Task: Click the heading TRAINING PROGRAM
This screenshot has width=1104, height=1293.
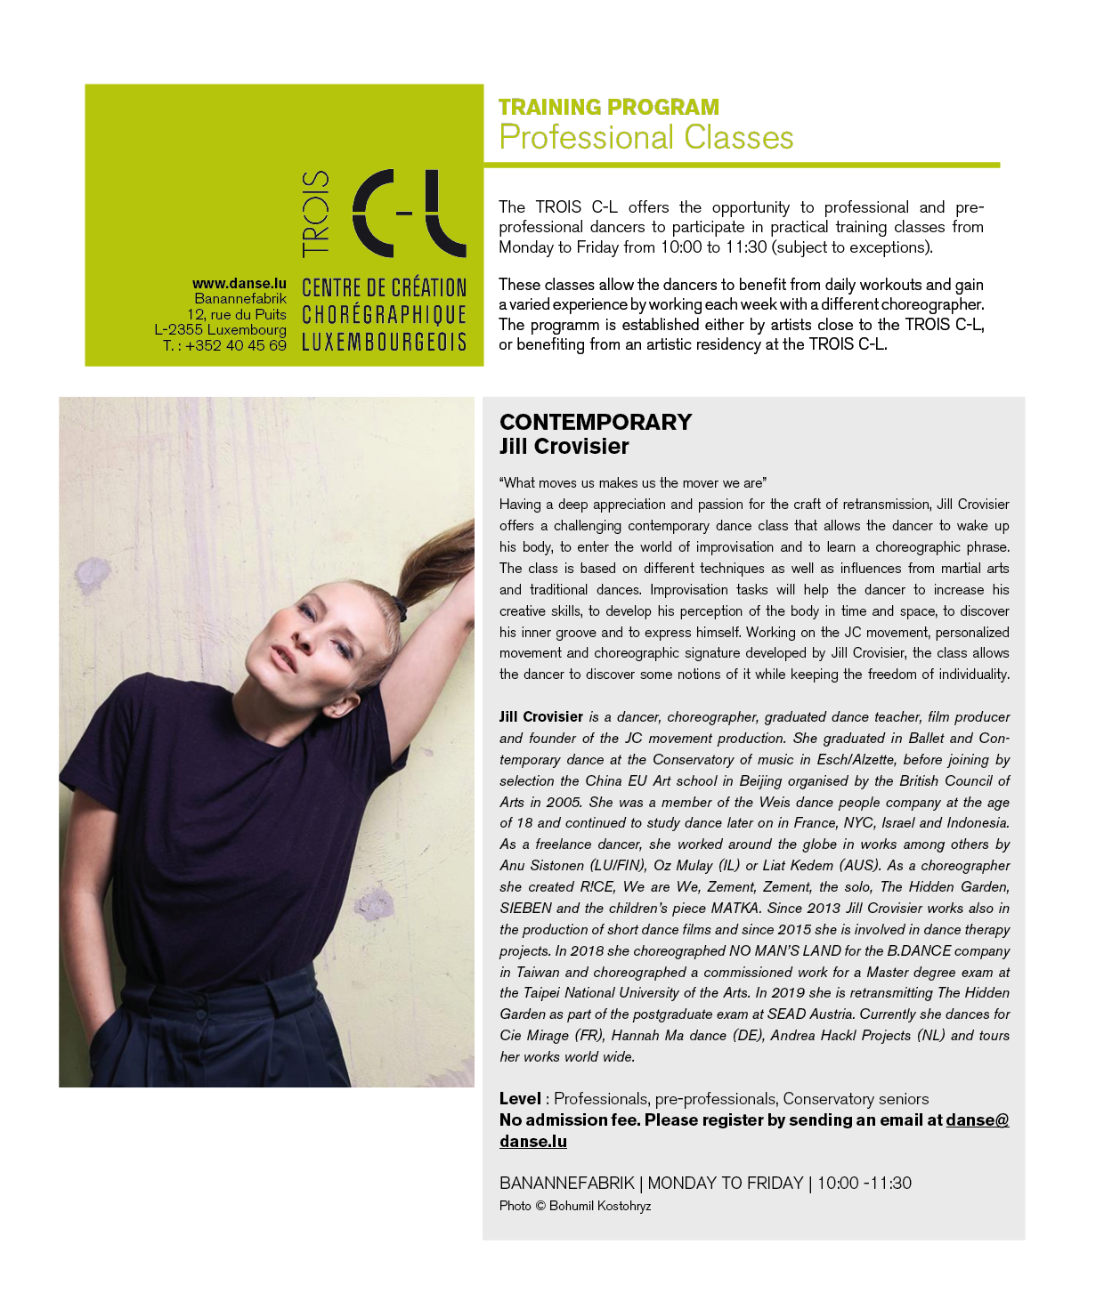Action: click(x=609, y=108)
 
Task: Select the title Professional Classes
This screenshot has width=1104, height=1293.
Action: click(x=646, y=138)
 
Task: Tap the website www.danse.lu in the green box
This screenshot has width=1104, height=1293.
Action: click(x=239, y=284)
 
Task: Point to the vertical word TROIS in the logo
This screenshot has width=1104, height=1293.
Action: click(x=316, y=214)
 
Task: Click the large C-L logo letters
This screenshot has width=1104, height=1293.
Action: click(x=410, y=214)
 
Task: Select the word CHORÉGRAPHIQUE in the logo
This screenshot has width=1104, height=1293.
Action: click(x=384, y=315)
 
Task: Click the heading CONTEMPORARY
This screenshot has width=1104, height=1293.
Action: click(x=596, y=422)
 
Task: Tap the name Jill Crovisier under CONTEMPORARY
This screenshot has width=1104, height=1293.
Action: click(x=564, y=447)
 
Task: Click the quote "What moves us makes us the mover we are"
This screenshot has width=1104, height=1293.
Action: click(x=633, y=483)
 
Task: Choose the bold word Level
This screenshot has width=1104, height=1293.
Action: click(x=520, y=1099)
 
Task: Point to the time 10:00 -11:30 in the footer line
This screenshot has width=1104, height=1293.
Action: click(x=864, y=1184)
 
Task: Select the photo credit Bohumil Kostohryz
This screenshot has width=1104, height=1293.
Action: click(x=599, y=1207)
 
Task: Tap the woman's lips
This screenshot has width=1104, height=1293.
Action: click(x=283, y=659)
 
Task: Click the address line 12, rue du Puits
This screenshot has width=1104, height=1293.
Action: click(x=236, y=314)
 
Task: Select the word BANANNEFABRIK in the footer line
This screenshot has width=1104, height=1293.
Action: click(x=566, y=1184)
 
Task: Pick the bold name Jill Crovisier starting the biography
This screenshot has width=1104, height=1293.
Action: click(x=541, y=717)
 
